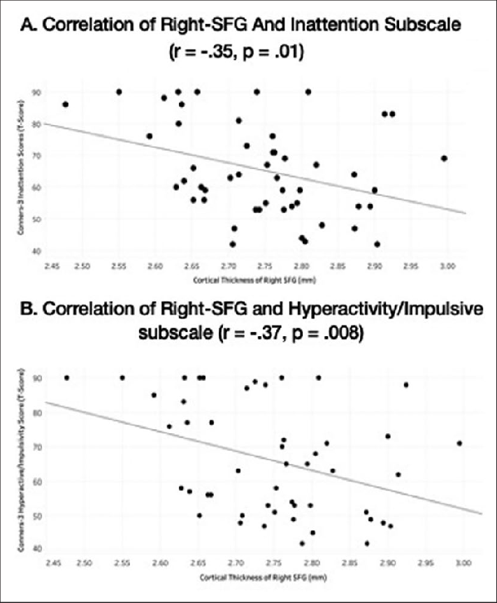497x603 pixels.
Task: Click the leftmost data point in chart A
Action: [x=66, y=104]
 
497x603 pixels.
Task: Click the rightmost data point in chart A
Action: [x=444, y=159]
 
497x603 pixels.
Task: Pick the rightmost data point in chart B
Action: [x=459, y=443]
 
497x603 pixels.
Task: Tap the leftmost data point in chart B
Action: [x=67, y=378]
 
